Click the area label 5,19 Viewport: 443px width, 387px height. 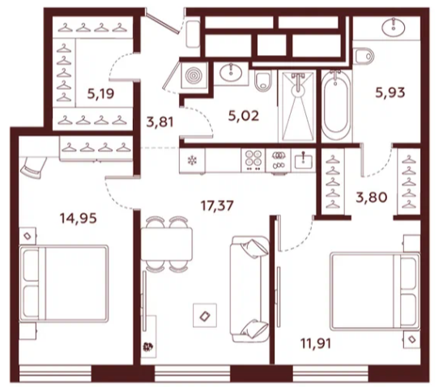pyautogui.click(x=100, y=93)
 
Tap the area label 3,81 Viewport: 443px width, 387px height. pyautogui.click(x=160, y=122)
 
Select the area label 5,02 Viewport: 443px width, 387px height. pyautogui.click(x=243, y=116)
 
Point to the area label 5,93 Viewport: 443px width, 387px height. pyautogui.click(x=390, y=92)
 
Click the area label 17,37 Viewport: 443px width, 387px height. pyautogui.click(x=217, y=206)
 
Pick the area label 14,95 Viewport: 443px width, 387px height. pyautogui.click(x=79, y=218)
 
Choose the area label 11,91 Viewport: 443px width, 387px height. pyautogui.click(x=316, y=344)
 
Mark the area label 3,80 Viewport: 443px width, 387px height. pyautogui.click(x=371, y=198)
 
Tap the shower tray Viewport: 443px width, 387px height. pyautogui.click(x=297, y=106)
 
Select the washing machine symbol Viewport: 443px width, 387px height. pyautogui.click(x=194, y=75)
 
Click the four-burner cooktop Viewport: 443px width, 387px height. pyautogui.click(x=253, y=160)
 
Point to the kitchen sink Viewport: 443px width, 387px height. pyautogui.click(x=303, y=160)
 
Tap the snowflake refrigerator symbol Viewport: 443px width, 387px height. pyautogui.click(x=193, y=161)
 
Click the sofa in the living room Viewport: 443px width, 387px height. pyautogui.click(x=249, y=289)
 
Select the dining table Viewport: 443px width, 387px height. pyautogui.click(x=167, y=244)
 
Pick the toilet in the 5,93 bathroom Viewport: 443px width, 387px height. pyautogui.click(x=364, y=56)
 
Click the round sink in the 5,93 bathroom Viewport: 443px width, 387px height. pyautogui.click(x=393, y=27)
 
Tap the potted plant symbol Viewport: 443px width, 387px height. pyautogui.click(x=148, y=347)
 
